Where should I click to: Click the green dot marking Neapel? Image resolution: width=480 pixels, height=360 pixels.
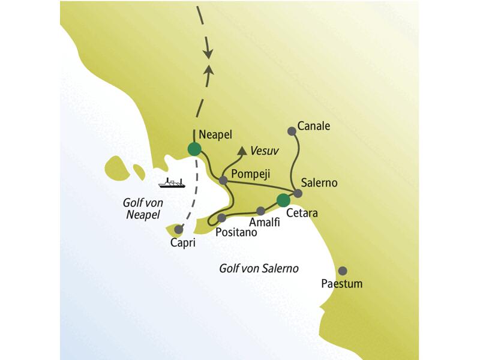[194, 149]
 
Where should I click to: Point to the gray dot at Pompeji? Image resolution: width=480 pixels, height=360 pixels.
[223, 180]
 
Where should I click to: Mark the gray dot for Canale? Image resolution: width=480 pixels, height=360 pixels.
[292, 130]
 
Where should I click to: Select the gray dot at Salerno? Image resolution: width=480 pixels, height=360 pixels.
[298, 193]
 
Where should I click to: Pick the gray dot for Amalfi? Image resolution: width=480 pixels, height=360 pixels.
[260, 211]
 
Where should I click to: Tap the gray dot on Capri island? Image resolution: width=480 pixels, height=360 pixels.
[178, 229]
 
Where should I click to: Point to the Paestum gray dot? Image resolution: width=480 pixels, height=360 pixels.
[343, 271]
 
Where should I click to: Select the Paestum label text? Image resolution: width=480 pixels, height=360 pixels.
[342, 284]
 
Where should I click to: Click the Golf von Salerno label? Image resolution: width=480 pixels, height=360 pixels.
[259, 268]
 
